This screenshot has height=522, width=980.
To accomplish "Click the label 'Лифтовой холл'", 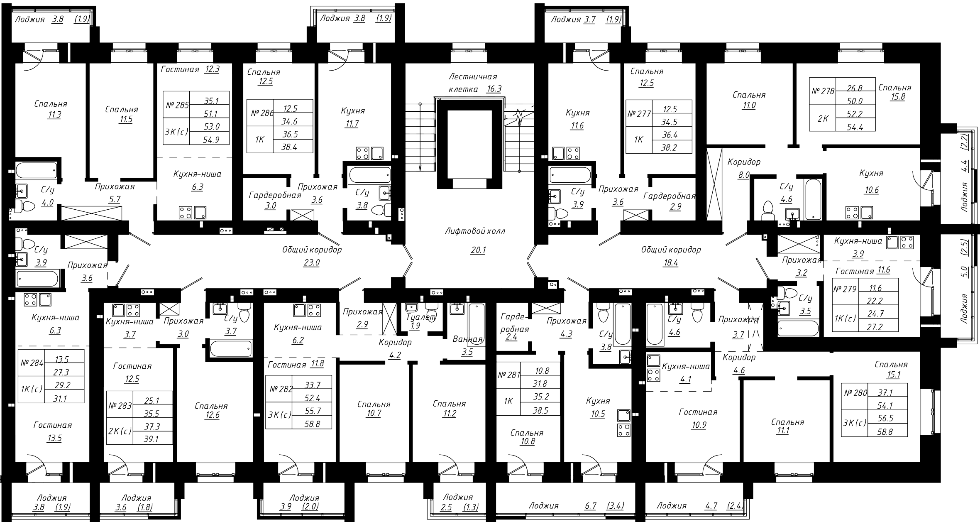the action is (x=475, y=231).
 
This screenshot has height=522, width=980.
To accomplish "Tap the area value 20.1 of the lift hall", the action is (x=478, y=250).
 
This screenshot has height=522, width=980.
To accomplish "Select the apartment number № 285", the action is (x=177, y=105).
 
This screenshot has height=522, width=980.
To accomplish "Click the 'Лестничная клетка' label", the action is (x=473, y=83).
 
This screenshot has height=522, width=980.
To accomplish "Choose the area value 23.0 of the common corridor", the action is (x=312, y=263).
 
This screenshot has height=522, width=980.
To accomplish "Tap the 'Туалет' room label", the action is (x=421, y=317).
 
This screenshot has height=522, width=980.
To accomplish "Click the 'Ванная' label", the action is (x=468, y=339).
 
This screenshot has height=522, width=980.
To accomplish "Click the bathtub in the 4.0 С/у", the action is (x=37, y=170).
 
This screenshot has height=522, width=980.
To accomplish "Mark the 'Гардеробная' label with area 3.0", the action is (x=275, y=195).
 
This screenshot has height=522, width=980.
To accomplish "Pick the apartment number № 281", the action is (x=509, y=375).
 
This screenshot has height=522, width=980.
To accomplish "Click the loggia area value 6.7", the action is (x=590, y=506).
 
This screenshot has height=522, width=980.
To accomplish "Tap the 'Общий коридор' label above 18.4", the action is (x=671, y=250).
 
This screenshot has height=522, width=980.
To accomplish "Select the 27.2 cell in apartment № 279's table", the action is (x=875, y=327).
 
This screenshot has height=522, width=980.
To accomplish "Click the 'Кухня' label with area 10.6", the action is (x=871, y=173).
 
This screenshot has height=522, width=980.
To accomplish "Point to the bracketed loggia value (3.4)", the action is (x=615, y=506).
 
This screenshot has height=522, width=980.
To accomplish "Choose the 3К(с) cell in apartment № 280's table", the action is (x=855, y=423).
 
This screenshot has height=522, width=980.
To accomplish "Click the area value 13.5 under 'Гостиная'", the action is (x=54, y=438).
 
